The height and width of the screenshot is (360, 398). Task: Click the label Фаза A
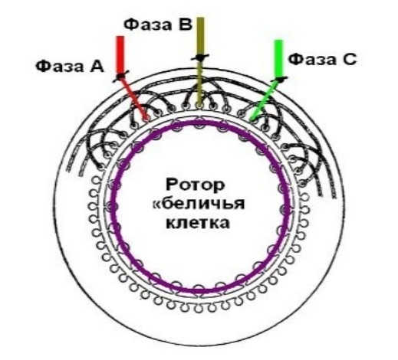[x=70, y=67]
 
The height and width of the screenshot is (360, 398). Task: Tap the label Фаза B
[x=158, y=25]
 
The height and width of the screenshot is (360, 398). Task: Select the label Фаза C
[x=322, y=60]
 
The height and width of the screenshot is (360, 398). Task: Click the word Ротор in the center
[x=196, y=185]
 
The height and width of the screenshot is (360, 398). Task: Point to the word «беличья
[x=199, y=204]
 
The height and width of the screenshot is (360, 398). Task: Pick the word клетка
[x=198, y=223]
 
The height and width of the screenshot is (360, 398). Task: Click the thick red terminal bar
[x=120, y=55]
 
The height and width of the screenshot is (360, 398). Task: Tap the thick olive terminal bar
[x=200, y=36]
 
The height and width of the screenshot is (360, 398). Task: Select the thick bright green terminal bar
[x=278, y=58]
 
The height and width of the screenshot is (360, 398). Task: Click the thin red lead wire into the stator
[x=133, y=98]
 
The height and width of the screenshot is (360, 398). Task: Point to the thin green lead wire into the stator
[x=265, y=100]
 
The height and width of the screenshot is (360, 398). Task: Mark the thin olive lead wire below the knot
[x=199, y=83]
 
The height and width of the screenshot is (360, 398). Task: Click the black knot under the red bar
[x=120, y=76]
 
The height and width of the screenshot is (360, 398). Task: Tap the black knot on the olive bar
[x=200, y=57]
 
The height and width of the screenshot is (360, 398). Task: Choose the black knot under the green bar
[x=280, y=80]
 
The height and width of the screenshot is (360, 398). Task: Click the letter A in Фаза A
[x=97, y=67]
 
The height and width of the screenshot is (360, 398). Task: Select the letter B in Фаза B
[x=185, y=25]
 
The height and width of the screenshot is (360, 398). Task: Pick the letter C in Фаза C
[x=350, y=60]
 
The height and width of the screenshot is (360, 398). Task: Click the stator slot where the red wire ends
[x=146, y=118]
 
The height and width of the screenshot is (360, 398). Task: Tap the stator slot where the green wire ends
[x=252, y=119]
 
